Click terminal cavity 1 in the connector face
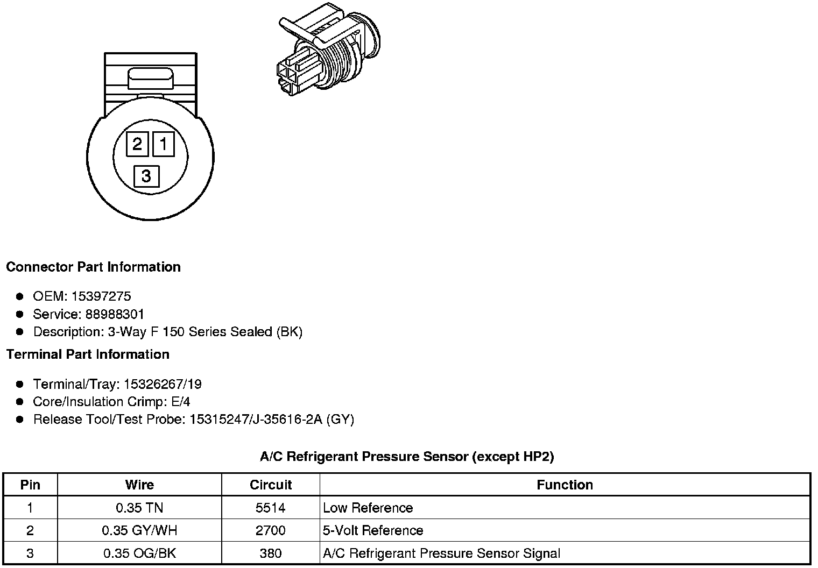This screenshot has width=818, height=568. click(164, 144)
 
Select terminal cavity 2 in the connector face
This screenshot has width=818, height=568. click(137, 144)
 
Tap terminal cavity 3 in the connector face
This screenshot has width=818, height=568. click(146, 176)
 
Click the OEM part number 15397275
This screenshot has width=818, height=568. click(101, 296)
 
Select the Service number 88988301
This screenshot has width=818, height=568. click(115, 314)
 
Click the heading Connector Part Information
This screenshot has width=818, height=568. click(93, 267)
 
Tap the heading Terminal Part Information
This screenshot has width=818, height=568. click(88, 354)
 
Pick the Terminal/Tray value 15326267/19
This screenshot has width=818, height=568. click(163, 384)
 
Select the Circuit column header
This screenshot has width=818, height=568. click(271, 485)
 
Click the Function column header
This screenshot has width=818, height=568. click(565, 485)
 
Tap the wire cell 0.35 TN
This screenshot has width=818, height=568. click(139, 508)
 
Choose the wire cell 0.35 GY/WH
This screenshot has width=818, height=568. click(139, 531)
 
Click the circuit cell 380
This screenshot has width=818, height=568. click(271, 553)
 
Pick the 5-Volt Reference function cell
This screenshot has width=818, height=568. click(373, 531)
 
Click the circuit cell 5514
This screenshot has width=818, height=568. click(271, 508)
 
